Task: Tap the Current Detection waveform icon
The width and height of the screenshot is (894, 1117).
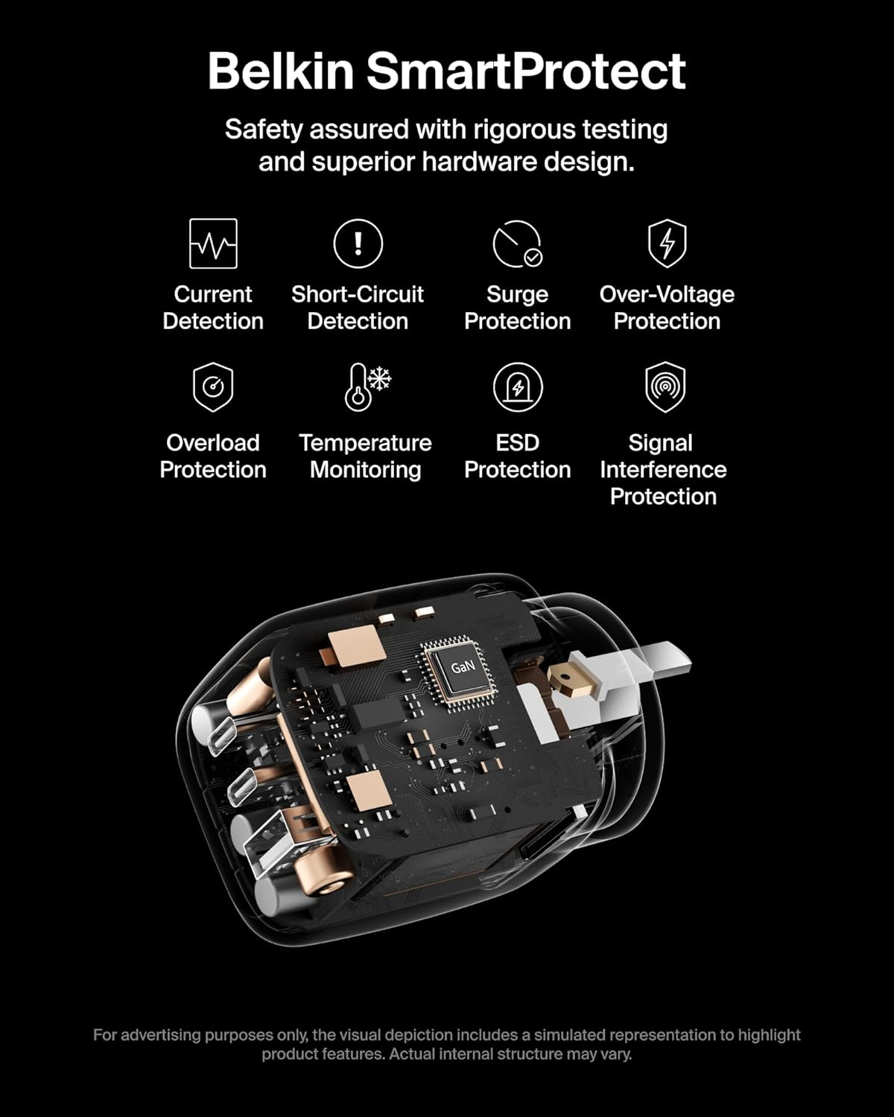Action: (213, 244)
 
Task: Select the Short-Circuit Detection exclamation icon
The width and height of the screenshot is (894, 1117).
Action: (358, 244)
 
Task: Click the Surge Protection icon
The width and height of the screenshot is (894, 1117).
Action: (517, 244)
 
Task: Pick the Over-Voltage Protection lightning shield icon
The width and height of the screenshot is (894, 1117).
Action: (667, 243)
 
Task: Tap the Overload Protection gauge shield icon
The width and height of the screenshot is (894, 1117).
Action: (213, 387)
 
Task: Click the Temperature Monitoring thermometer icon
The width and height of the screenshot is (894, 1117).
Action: (367, 386)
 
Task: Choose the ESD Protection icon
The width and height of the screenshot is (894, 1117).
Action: (517, 387)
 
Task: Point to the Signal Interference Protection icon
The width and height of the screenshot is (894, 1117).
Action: (665, 386)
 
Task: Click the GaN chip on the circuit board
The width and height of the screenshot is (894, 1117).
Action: (463, 667)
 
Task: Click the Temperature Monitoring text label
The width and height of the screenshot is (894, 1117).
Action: (365, 456)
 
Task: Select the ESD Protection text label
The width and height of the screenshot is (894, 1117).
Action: (517, 456)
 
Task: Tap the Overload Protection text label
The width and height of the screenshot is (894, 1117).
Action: (213, 456)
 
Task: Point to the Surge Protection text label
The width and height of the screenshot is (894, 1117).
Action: (517, 308)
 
